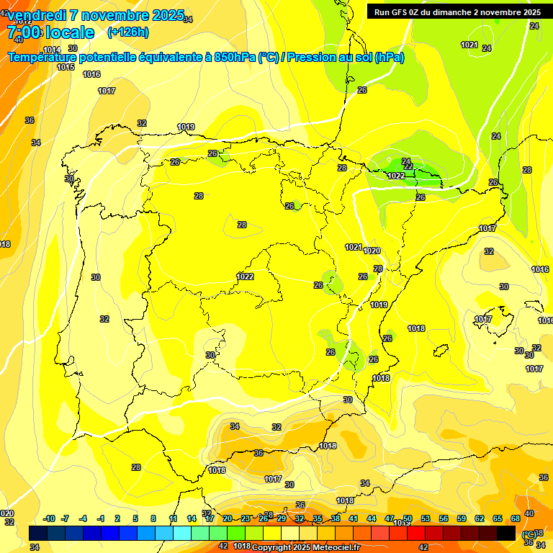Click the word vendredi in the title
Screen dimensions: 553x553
(x=36, y=16)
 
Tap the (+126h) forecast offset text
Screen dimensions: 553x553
(x=127, y=32)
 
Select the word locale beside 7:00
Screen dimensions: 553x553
(x=70, y=32)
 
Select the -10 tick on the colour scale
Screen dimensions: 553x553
(x=49, y=518)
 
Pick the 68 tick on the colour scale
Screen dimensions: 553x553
(x=516, y=518)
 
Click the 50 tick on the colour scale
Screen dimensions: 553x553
(x=408, y=518)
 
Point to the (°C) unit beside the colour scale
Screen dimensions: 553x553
(x=529, y=534)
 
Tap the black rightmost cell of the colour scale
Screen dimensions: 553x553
(x=506, y=533)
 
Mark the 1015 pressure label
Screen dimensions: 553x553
(x=66, y=67)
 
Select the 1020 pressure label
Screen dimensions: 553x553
(x=372, y=251)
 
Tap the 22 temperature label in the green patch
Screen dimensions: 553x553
(x=408, y=166)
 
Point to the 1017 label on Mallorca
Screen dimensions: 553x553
(x=483, y=319)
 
